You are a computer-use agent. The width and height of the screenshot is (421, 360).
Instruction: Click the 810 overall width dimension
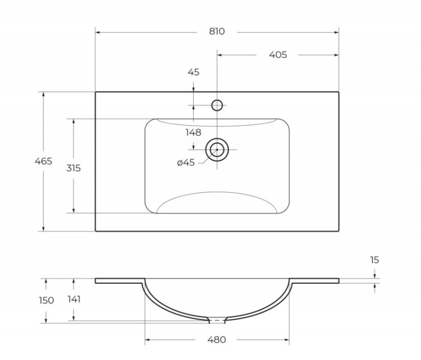[217, 31]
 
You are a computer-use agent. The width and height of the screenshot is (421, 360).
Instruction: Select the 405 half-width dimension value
[278, 54]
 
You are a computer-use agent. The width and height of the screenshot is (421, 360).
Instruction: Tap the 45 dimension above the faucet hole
[193, 72]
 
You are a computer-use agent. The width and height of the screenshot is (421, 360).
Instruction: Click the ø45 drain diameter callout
[185, 163]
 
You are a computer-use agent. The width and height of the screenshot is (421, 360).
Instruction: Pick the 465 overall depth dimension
[43, 161]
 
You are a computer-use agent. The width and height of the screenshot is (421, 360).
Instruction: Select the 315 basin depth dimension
[73, 168]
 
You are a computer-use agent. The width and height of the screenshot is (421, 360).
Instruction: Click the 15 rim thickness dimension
[374, 260]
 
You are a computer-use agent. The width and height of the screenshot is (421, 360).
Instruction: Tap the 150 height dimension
[46, 301]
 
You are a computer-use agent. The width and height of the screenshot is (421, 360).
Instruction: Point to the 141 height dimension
[73, 299]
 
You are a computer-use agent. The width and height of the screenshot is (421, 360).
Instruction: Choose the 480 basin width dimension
[217, 340]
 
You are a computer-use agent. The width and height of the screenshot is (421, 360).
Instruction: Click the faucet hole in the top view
[217, 105]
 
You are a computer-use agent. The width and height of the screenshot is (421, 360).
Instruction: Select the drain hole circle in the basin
[217, 149]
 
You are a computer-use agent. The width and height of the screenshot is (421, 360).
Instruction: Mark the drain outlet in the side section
[217, 321]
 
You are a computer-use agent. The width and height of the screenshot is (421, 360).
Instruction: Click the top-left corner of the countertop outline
[95, 92]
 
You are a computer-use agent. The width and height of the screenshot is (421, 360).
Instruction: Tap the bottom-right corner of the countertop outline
[338, 231]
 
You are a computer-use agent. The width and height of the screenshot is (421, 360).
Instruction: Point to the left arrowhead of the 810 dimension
[97, 32]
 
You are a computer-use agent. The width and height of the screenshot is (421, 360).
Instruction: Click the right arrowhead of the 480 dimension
[287, 340]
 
